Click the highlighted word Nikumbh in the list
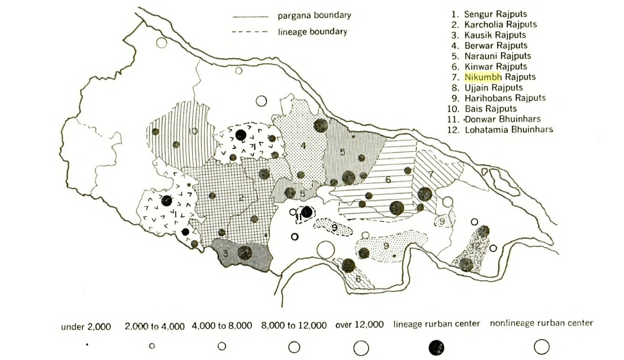(x=483, y=77)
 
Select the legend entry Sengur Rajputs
(x=495, y=14)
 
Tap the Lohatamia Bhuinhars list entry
(x=508, y=130)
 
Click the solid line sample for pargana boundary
(x=251, y=16)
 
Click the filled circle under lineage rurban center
(x=436, y=348)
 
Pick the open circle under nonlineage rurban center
(x=541, y=347)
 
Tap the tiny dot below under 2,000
(x=87, y=345)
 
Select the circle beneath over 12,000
(x=361, y=348)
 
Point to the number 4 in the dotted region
(x=303, y=146)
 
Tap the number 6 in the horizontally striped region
(x=388, y=180)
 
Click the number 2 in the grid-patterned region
(x=241, y=197)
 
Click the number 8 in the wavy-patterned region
(x=358, y=279)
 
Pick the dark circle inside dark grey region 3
(x=245, y=252)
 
